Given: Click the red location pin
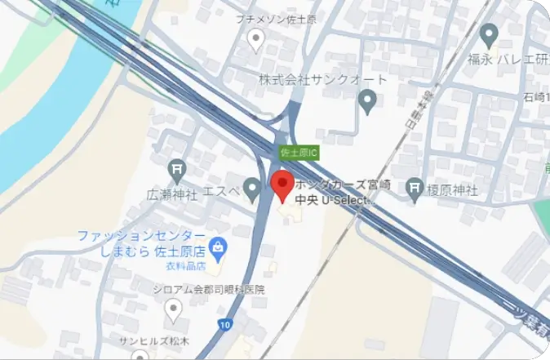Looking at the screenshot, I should click(x=282, y=185).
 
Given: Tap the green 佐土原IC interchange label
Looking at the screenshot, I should click(x=298, y=153).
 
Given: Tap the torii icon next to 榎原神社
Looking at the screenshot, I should click(x=415, y=188).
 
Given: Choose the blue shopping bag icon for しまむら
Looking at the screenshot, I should click(x=218, y=244).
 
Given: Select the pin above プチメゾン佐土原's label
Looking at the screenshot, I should click(x=256, y=38).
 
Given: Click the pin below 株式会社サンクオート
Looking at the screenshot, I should click(x=367, y=101).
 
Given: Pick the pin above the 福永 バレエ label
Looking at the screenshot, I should click(x=490, y=35).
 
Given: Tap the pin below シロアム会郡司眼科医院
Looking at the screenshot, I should click(x=173, y=309).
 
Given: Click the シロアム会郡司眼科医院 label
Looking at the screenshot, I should click(x=208, y=289).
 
